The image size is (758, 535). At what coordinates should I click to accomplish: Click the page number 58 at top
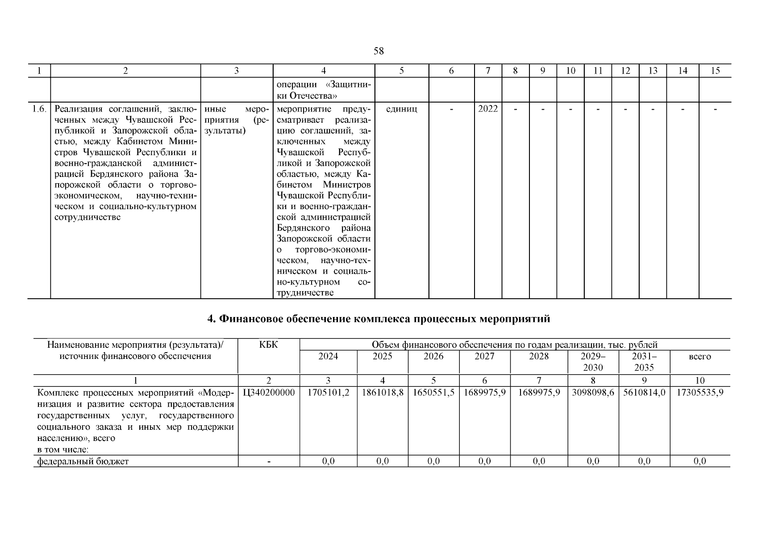point(378,51)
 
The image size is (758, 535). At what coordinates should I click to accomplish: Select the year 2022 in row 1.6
point(487,109)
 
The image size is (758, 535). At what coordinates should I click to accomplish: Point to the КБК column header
point(268,345)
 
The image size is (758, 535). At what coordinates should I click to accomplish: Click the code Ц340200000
point(269,393)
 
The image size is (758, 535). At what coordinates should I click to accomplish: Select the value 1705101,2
point(328,393)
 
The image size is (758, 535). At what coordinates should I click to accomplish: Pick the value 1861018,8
point(383,393)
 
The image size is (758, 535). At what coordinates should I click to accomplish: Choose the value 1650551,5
point(433,393)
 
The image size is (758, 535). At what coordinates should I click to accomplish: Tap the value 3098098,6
point(593,393)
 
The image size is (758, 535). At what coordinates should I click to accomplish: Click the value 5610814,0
point(644,393)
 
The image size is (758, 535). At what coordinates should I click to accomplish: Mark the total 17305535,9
point(700,393)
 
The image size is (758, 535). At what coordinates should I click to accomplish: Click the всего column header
point(700,357)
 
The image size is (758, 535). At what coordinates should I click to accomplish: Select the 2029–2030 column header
point(593,362)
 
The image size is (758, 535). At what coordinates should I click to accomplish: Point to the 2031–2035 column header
point(644,362)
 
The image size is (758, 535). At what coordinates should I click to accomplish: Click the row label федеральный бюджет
point(83,461)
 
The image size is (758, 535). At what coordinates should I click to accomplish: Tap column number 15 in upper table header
point(715,70)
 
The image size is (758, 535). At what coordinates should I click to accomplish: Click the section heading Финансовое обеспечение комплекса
point(379,319)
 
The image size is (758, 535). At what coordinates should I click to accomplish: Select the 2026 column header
point(433,356)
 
